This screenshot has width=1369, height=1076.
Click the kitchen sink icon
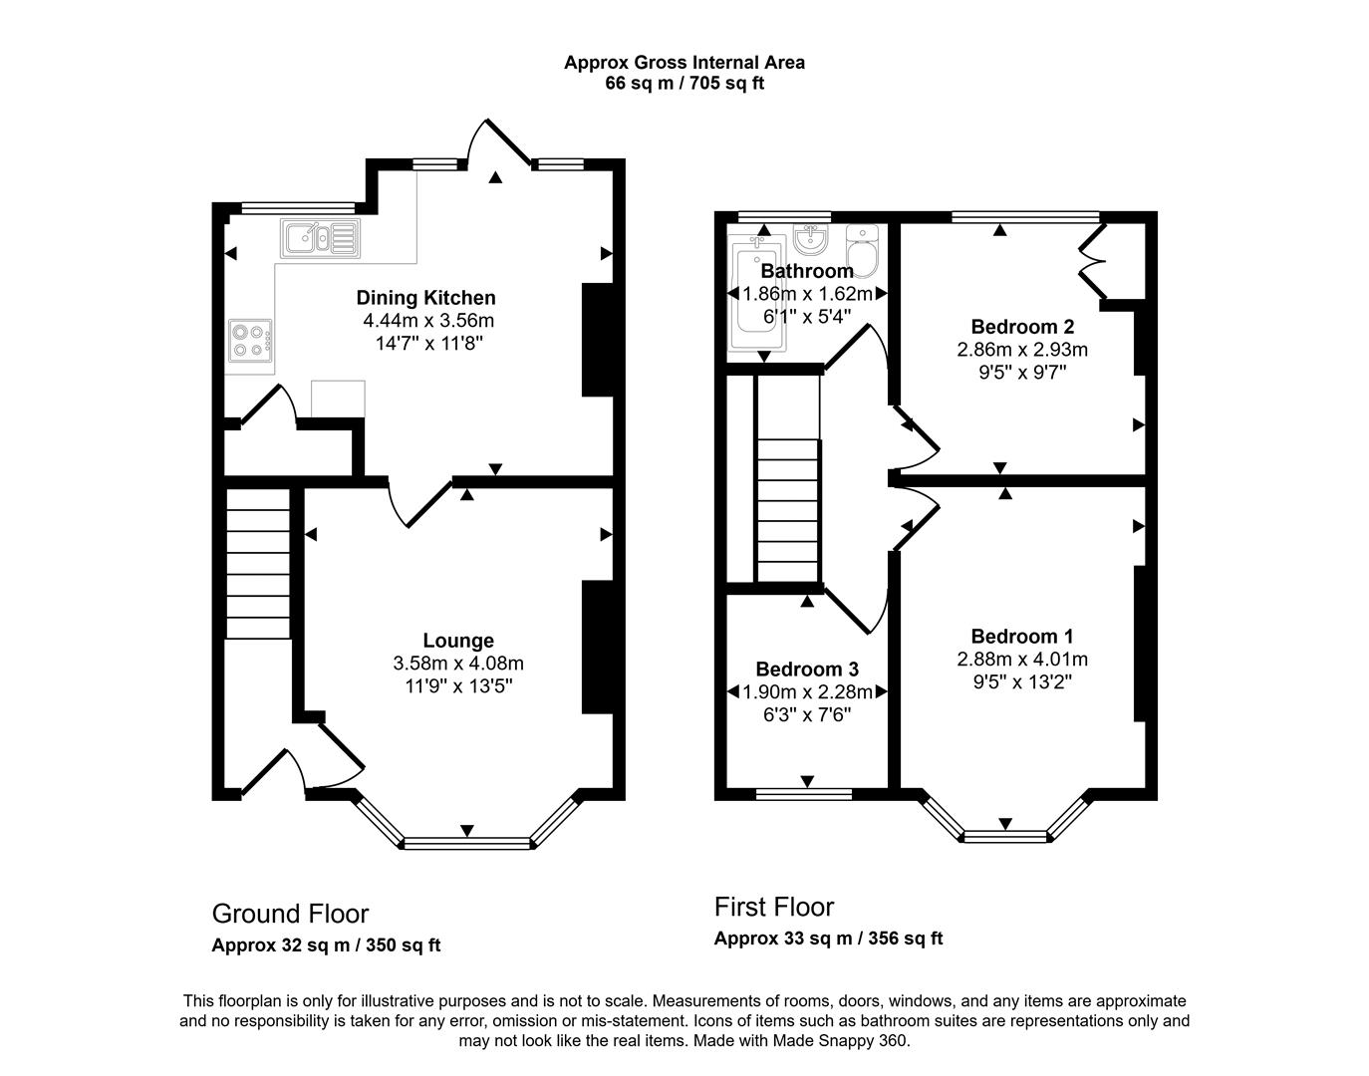point(320,238)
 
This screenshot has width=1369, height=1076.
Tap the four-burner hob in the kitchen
point(249,339)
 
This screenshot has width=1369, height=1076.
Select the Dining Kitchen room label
point(425,298)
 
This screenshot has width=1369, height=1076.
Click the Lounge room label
point(458,641)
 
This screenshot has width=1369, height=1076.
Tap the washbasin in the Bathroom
point(811,239)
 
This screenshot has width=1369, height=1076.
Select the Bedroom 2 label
point(1022,327)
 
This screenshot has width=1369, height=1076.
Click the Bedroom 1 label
point(1022,637)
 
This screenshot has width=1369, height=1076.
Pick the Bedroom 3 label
point(807,670)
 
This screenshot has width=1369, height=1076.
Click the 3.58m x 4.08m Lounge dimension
point(458,664)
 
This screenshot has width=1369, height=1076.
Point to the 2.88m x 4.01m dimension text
point(1022,660)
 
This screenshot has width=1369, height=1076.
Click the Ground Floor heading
point(290,914)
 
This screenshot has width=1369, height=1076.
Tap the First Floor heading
point(774,907)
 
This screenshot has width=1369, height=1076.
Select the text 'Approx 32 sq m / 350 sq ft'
point(326,945)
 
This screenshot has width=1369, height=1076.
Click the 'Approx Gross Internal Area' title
point(684,62)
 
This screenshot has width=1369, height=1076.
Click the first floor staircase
point(788,508)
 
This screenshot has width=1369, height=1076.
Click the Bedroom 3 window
point(804,794)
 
